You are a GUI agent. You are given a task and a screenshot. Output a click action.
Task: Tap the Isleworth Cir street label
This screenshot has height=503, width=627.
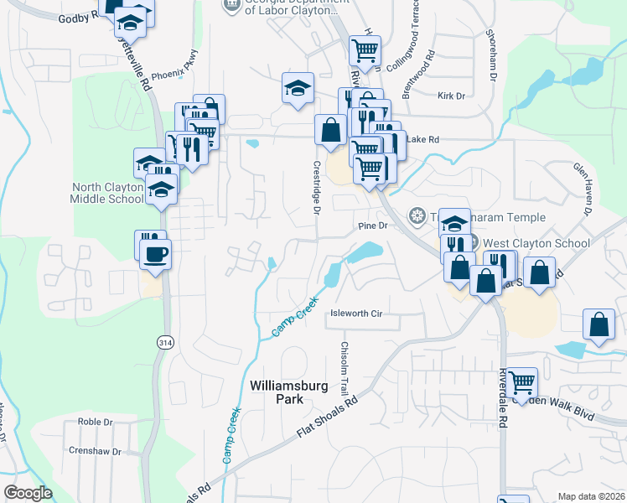356,313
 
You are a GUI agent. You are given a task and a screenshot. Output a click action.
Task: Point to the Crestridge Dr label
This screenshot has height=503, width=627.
317,188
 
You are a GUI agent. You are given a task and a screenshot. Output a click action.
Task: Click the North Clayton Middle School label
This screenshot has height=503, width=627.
107,193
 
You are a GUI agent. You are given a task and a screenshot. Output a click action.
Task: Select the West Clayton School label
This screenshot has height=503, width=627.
536,243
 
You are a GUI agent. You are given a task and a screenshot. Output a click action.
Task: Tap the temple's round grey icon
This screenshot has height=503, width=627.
416,217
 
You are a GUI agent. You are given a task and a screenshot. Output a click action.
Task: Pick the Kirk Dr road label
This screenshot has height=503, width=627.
451,96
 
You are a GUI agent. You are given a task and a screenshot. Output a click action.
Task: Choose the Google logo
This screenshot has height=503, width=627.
28,492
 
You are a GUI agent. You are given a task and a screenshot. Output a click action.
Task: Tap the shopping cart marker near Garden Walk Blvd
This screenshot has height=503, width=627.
522,383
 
